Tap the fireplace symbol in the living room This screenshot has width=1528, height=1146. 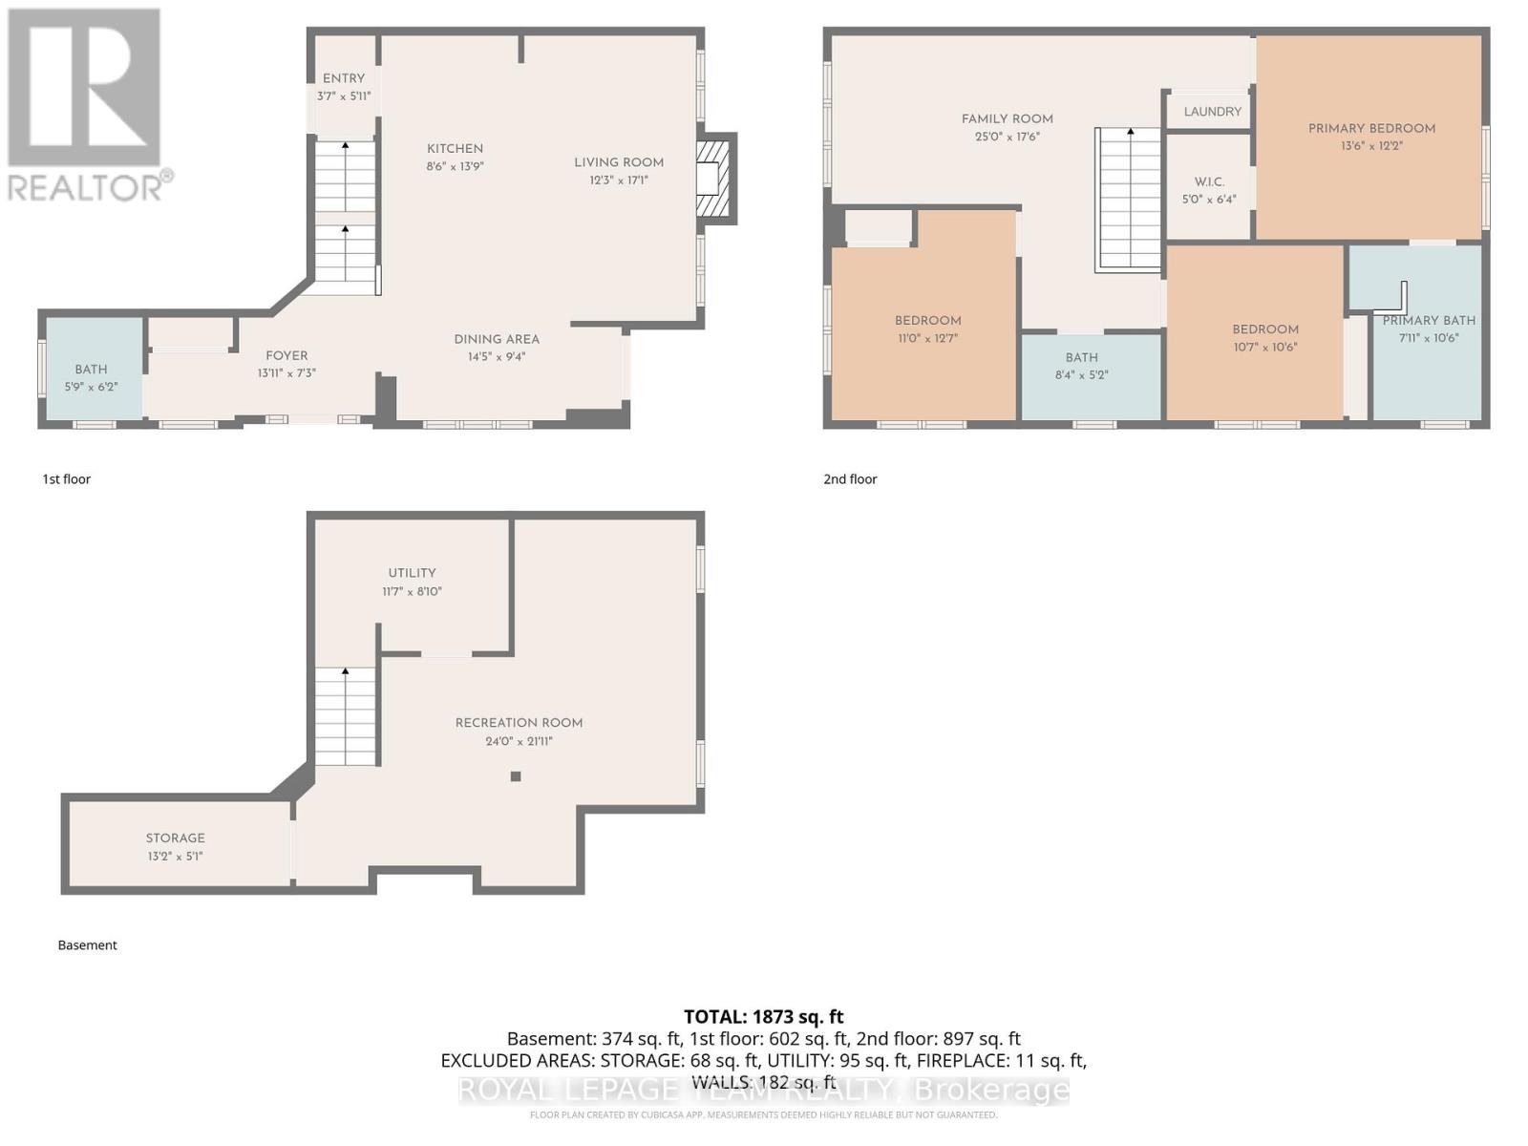[712, 178]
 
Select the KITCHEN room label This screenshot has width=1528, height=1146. [455, 149]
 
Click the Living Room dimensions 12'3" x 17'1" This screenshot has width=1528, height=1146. [619, 180]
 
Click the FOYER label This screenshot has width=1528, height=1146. [286, 355]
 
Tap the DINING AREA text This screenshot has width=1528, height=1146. [497, 339]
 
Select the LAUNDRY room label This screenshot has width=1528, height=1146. [1213, 112]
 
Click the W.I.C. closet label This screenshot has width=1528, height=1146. [1209, 181]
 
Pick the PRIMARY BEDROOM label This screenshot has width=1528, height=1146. [1371, 128]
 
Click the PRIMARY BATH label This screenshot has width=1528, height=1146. [1429, 321]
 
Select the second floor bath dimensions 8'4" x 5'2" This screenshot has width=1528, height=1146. [1082, 375]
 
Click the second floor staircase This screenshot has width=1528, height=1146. [1129, 201]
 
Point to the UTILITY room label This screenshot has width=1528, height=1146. [412, 573]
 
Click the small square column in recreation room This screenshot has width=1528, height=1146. [516, 776]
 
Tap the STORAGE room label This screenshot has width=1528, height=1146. [176, 838]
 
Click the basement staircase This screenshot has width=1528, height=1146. [346, 716]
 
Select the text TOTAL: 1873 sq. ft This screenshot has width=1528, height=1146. [764, 1017]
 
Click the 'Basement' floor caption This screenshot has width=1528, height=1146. [87, 944]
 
